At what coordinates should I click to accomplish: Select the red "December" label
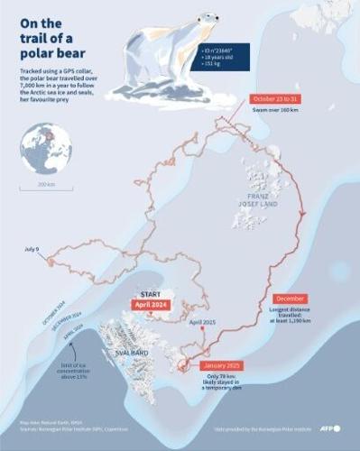tap(290, 299)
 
